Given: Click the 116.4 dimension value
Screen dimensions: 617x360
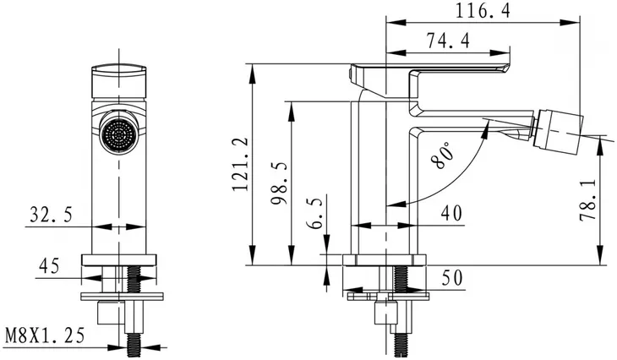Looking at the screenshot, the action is click(483, 11).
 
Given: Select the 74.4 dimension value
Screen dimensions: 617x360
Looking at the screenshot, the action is click(448, 41).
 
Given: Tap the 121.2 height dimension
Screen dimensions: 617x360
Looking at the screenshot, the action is click(241, 164).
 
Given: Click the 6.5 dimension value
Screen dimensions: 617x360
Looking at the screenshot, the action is click(314, 212).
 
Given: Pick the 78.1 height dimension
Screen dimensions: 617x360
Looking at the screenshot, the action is click(588, 200).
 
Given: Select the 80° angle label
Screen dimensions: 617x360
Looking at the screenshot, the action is click(442, 155).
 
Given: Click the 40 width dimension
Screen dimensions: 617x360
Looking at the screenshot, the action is click(451, 214).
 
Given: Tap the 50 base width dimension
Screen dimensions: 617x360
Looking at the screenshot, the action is click(452, 278).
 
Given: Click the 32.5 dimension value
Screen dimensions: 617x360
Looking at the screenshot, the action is click(52, 215).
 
